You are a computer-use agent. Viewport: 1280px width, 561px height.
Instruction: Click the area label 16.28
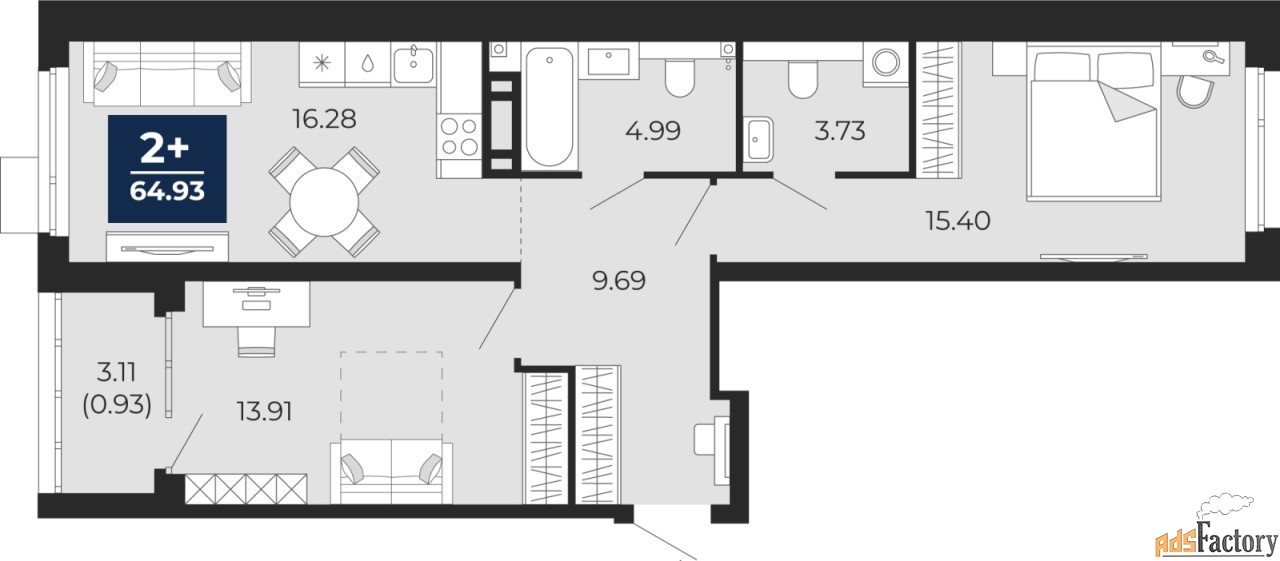324,119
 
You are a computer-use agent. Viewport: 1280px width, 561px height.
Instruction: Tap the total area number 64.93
167,191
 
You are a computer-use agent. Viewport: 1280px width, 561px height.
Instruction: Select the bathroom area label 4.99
653,131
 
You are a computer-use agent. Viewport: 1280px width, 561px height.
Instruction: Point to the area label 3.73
839,131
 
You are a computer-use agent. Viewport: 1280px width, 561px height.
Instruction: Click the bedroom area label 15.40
958,221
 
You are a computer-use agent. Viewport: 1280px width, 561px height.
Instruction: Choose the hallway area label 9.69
619,280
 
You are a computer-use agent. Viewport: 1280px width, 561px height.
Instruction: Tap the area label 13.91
265,411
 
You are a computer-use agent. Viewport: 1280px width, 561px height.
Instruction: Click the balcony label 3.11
116,372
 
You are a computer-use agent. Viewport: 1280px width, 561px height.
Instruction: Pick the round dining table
324,202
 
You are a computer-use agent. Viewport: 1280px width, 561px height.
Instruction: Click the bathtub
549,107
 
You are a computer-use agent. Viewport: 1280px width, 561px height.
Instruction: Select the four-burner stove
459,136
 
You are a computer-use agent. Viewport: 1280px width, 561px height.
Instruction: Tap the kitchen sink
414,64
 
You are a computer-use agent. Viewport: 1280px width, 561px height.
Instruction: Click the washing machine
886,64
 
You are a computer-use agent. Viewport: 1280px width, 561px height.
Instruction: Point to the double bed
1094,123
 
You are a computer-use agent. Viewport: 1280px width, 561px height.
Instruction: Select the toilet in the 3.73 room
802,79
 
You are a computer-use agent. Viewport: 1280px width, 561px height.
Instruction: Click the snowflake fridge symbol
322,63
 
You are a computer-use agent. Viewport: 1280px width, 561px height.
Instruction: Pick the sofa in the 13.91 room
391,472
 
